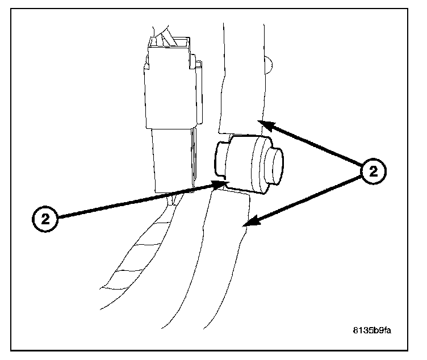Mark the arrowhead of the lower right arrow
point(248,225)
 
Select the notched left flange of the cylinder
point(221,159)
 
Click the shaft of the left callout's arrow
point(136,201)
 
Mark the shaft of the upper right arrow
point(315,145)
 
